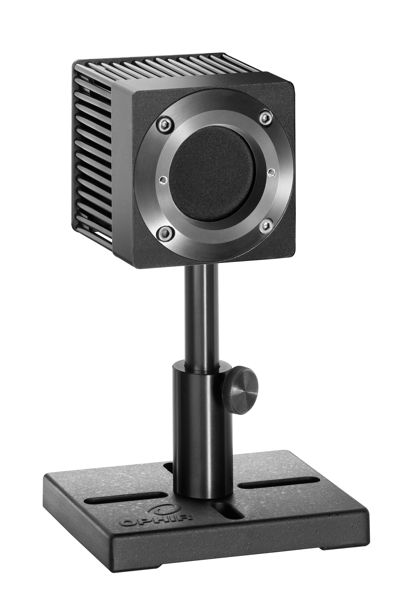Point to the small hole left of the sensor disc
[x=163, y=180]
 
